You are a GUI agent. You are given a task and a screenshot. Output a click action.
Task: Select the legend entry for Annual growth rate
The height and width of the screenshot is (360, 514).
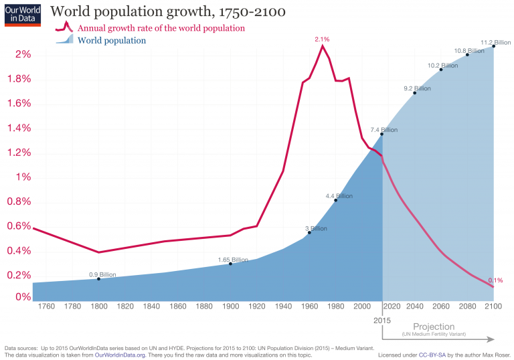161,28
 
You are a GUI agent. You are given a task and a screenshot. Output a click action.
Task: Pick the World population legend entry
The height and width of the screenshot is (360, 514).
112,41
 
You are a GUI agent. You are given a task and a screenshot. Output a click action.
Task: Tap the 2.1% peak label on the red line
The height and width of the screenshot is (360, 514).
322,39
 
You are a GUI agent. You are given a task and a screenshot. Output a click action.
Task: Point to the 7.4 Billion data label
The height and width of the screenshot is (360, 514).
383,130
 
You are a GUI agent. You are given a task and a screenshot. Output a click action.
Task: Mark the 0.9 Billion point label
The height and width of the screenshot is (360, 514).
102,274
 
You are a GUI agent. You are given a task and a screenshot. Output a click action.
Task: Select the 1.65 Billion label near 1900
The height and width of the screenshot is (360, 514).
232,260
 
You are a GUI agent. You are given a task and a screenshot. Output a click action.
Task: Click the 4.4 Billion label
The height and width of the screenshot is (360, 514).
339,196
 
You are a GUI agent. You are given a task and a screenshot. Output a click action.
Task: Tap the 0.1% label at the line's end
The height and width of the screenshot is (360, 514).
495,280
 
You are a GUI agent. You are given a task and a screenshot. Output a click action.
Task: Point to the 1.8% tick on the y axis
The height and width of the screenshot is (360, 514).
19,79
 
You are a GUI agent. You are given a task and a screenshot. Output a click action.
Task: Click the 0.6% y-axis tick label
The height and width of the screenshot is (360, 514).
19,226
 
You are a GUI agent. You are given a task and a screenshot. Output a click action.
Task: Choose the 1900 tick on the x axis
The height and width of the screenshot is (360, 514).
231,306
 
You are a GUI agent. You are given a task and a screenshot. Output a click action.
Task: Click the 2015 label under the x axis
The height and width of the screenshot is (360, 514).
382,321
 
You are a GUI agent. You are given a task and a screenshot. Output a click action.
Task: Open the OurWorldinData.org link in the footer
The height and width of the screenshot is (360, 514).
120,355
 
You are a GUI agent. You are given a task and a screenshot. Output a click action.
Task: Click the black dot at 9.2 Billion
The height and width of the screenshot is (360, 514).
415,93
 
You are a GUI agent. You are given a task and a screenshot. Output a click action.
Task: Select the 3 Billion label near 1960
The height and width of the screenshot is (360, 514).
316,228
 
